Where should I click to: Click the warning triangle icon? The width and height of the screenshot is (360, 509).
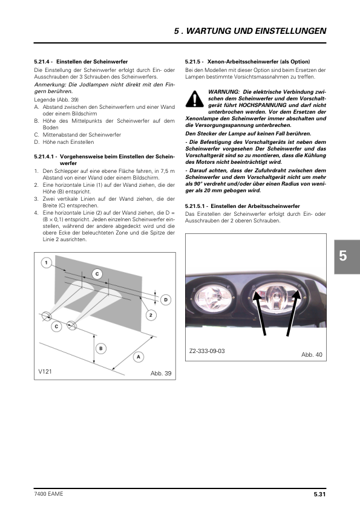tap(195, 99)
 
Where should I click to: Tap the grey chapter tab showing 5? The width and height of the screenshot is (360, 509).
tap(347, 257)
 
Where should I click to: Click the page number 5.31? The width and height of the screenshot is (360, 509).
tap(319, 494)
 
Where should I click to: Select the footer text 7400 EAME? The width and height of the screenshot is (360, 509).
tap(48, 494)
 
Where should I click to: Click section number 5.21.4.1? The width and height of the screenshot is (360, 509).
tap(45, 157)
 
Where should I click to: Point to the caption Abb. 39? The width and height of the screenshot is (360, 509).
tap(161, 374)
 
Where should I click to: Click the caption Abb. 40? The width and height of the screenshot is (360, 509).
tap(312, 354)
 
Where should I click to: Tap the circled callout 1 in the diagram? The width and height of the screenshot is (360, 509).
tap(47, 262)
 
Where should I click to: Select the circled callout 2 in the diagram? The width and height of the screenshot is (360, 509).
tap(151, 315)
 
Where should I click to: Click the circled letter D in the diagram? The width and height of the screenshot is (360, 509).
tap(166, 300)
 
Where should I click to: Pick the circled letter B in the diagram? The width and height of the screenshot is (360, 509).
tap(100, 348)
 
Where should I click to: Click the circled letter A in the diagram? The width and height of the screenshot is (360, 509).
tap(139, 357)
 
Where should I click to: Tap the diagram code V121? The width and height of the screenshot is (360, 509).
tap(45, 371)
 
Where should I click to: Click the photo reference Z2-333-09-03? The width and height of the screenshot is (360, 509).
tap(207, 351)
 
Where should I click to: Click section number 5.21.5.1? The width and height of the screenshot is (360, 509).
tap(196, 206)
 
